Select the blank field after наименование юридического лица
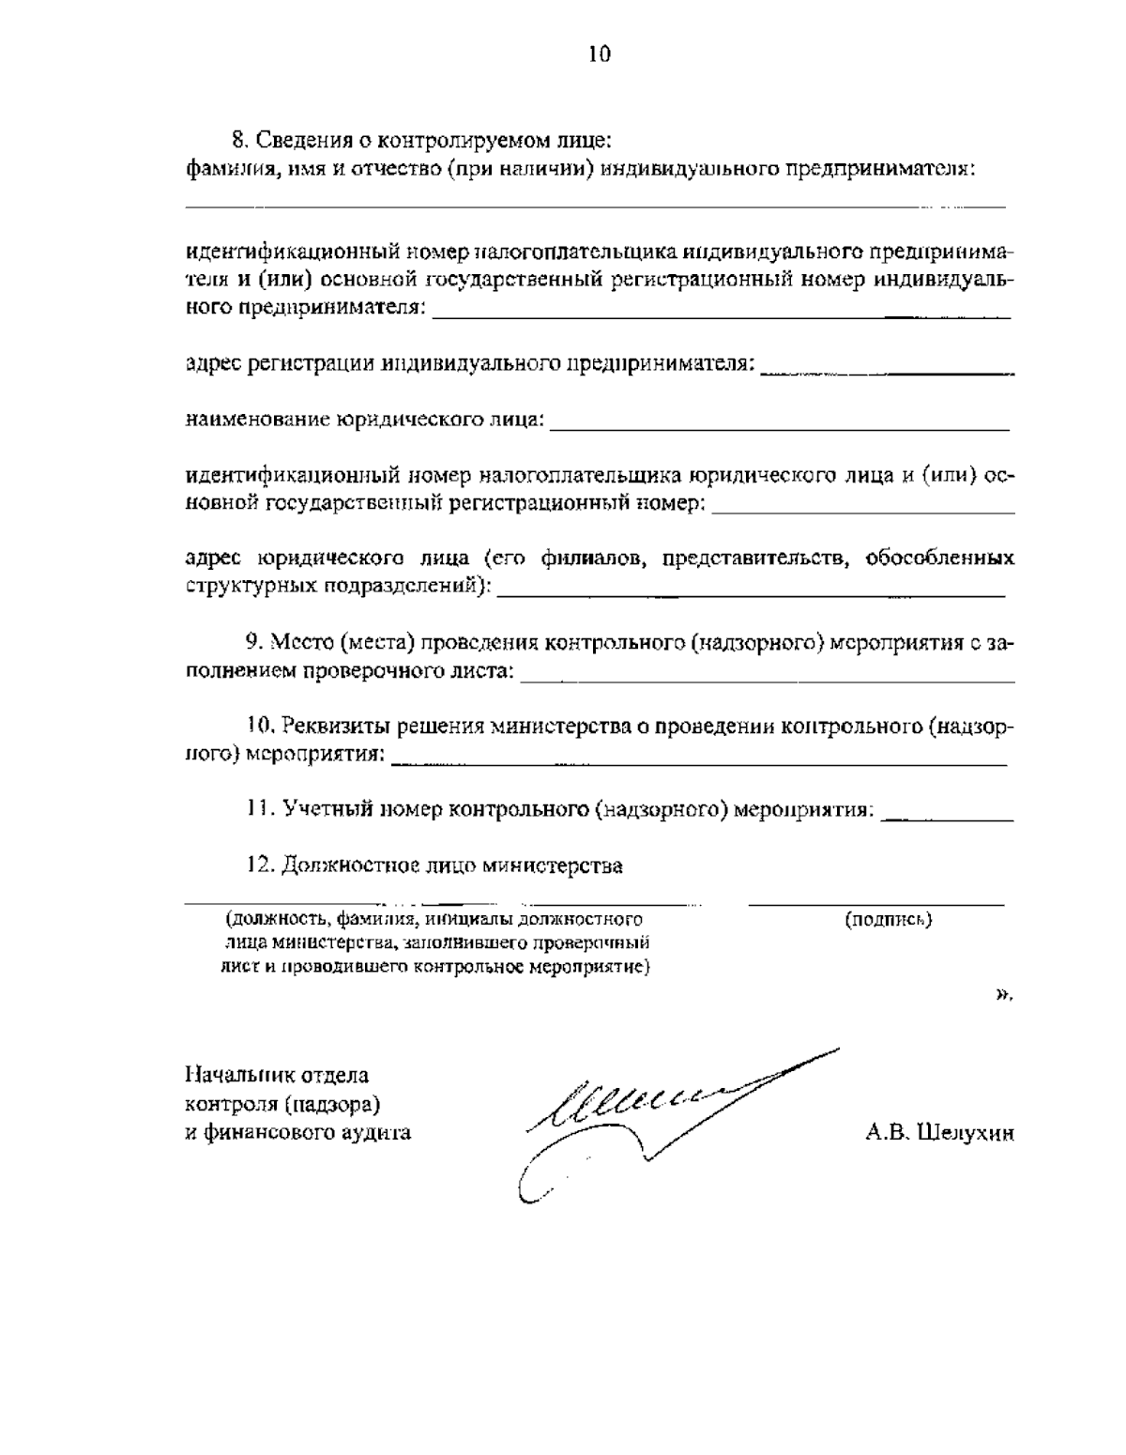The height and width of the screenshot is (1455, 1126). (779, 428)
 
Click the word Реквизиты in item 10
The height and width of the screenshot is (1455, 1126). (335, 726)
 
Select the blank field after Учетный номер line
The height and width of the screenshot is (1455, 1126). (949, 819)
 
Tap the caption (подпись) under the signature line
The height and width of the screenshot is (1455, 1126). (888, 920)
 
